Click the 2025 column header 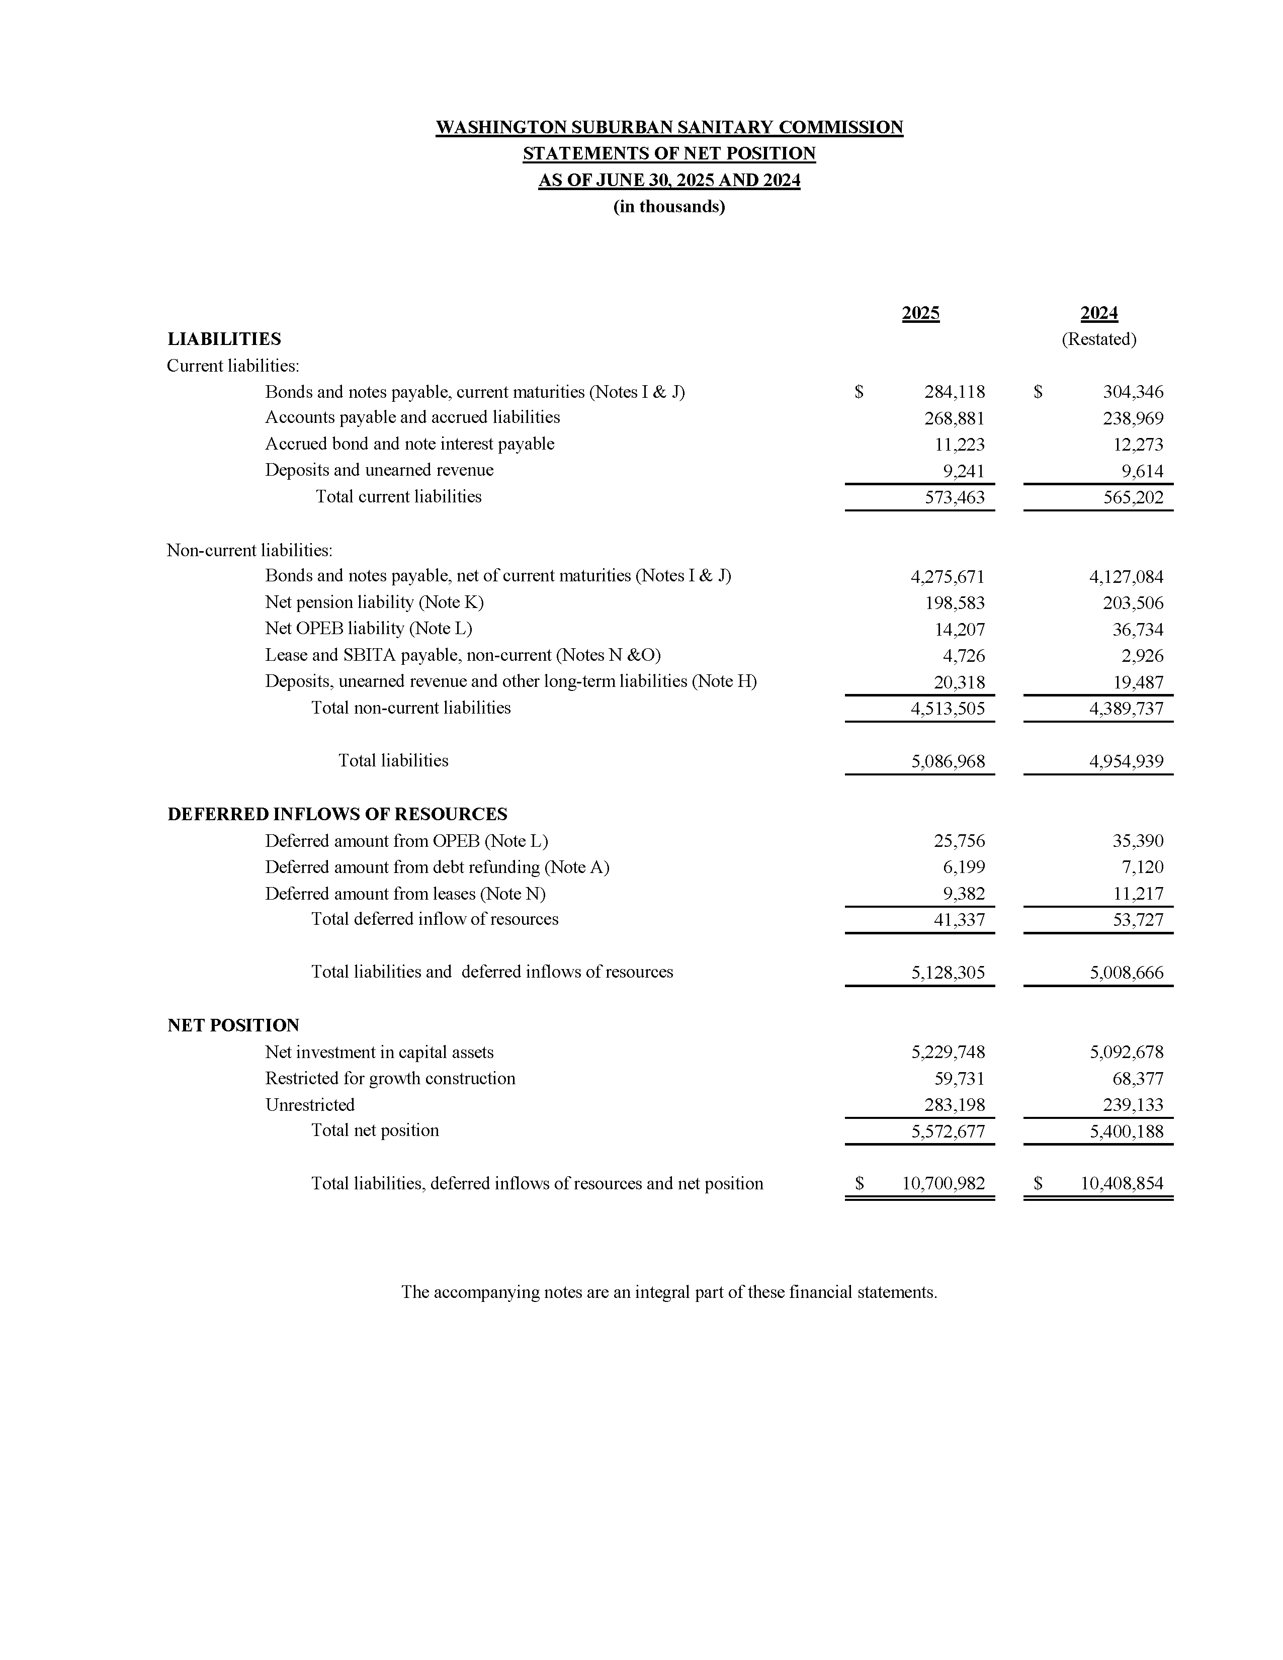tap(920, 313)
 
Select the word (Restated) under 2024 tap(1098, 339)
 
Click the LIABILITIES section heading tap(224, 339)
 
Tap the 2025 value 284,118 tap(954, 392)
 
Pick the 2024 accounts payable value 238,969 tap(1133, 418)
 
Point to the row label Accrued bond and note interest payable tap(410, 444)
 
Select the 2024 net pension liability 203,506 tap(1133, 603)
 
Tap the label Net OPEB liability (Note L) tap(369, 629)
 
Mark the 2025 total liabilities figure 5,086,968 tap(948, 761)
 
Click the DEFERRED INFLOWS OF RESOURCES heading tap(337, 814)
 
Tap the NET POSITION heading tap(233, 1025)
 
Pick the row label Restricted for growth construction tap(390, 1079)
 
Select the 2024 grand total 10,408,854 tap(1122, 1183)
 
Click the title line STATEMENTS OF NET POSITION tap(669, 153)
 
